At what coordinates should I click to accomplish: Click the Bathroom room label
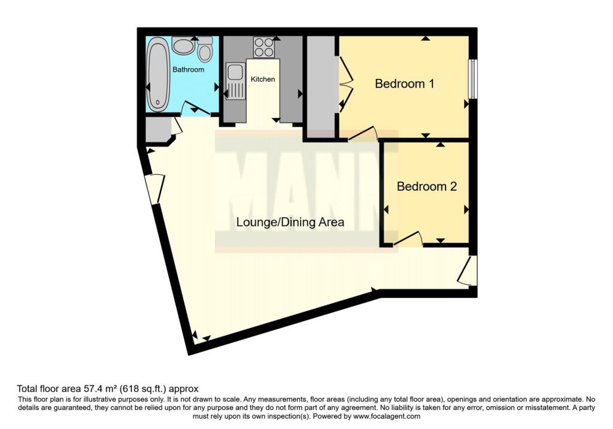[x=188, y=69]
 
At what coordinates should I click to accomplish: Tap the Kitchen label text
[x=263, y=79]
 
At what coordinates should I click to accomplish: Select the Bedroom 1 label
[x=404, y=84]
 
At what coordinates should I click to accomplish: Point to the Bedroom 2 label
[x=427, y=187]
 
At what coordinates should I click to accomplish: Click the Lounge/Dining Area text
[x=290, y=223]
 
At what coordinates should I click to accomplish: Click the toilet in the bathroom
[x=205, y=49]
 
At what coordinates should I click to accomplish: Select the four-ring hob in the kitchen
[x=263, y=45]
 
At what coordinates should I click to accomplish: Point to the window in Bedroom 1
[x=472, y=78]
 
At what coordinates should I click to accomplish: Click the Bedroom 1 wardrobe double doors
[x=345, y=84]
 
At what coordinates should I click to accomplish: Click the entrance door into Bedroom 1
[x=363, y=133]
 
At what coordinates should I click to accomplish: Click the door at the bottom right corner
[x=468, y=271]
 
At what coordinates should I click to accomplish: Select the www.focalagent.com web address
[x=387, y=416]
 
